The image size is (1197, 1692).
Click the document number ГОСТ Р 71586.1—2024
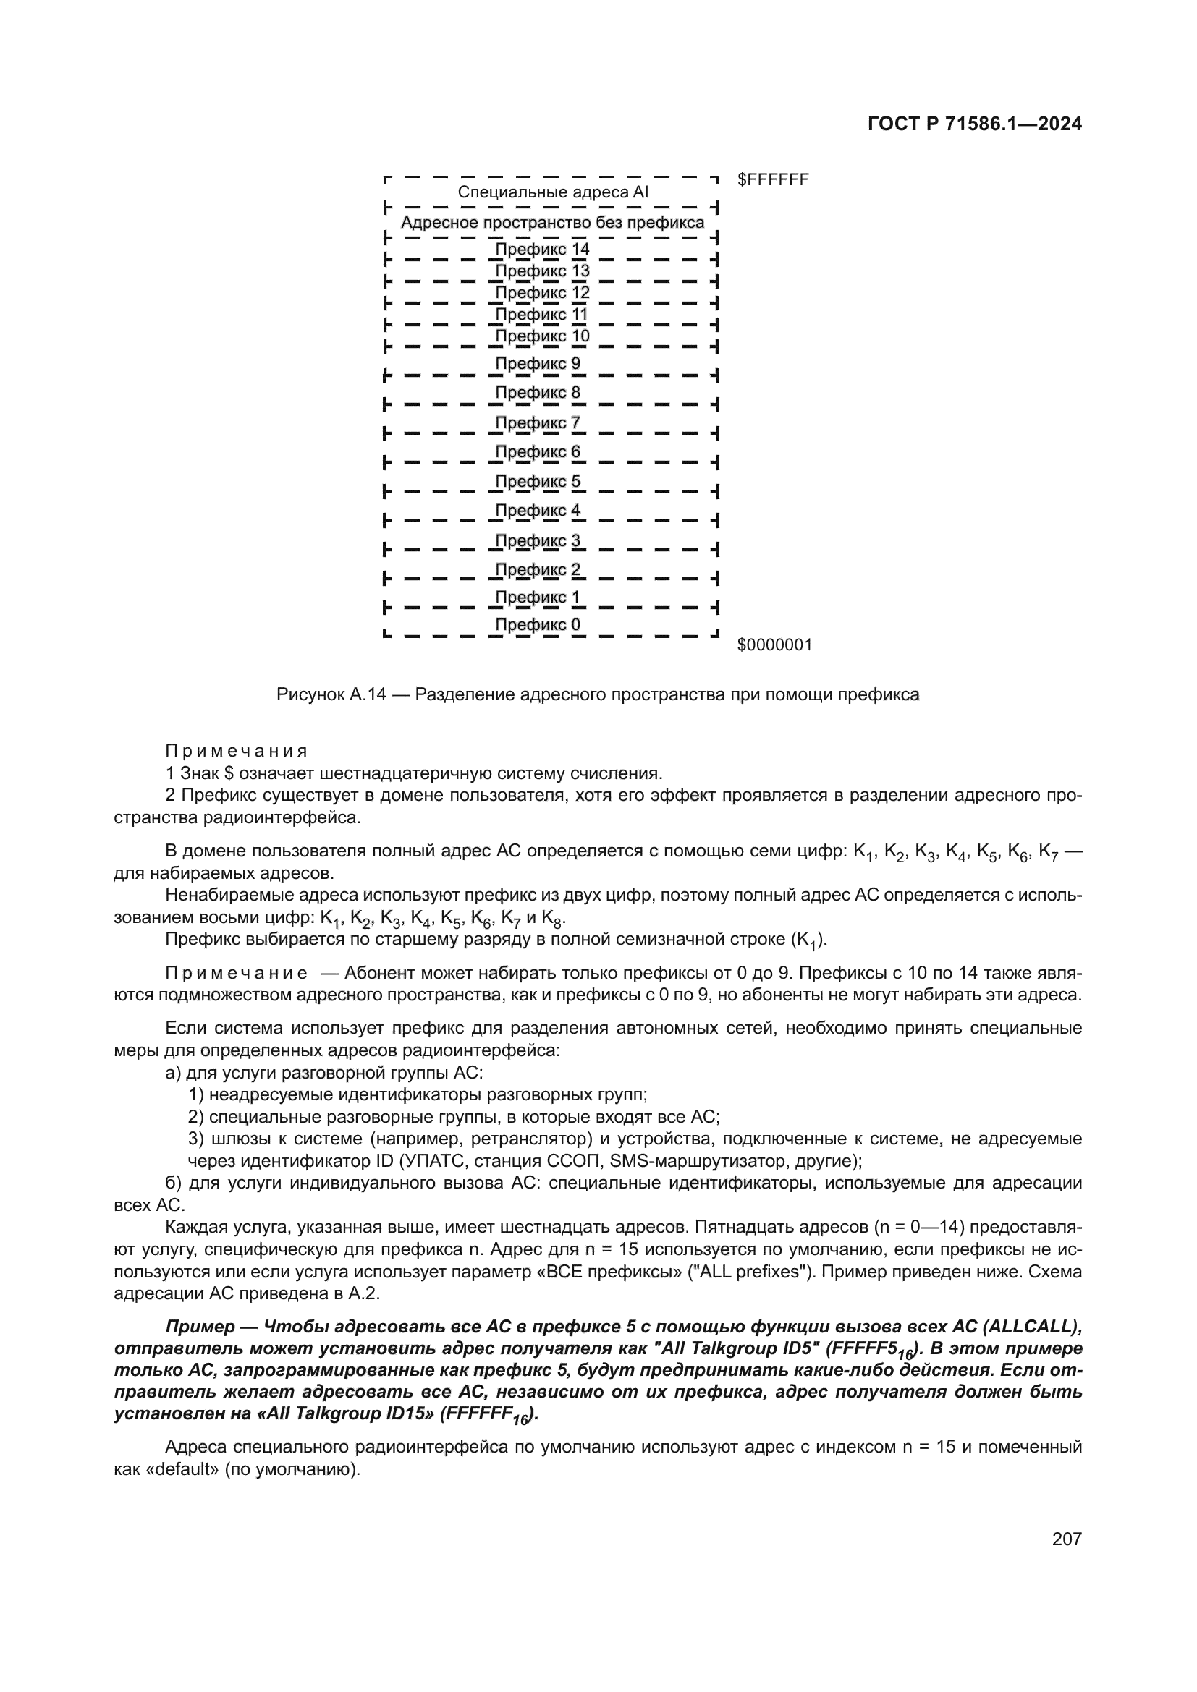(974, 124)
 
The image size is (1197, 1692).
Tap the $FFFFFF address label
(772, 180)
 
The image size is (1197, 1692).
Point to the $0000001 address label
(774, 645)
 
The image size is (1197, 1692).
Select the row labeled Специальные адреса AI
(553, 192)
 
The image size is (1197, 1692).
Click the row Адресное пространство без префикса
(552, 223)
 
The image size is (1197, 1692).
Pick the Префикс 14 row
(542, 249)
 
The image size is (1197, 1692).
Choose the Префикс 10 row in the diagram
(542, 336)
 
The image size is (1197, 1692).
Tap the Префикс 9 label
(537, 363)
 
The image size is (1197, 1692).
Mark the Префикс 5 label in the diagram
(537, 481)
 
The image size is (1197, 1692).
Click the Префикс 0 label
(537, 625)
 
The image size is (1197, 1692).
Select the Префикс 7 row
(537, 423)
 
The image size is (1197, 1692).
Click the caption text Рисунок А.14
(331, 694)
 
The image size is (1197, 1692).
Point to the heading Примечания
(236, 751)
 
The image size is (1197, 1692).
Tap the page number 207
(1067, 1538)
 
